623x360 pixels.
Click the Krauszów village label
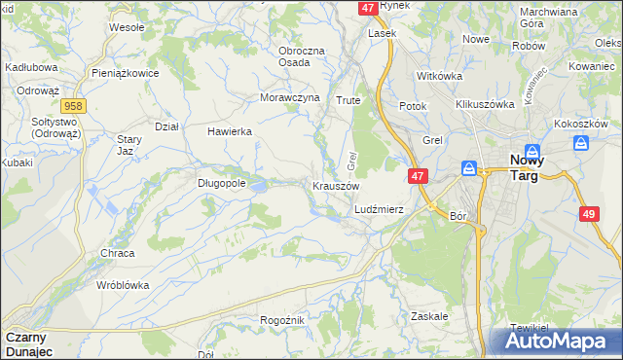[336, 186]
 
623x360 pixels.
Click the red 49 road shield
[588, 214]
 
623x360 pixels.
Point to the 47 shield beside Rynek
[368, 7]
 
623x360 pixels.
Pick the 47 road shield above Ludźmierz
[417, 176]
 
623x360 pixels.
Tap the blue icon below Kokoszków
[583, 143]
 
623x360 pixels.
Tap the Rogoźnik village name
[283, 320]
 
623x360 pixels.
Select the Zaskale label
[429, 317]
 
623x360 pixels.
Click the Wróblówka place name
[123, 285]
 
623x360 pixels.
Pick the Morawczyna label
[290, 98]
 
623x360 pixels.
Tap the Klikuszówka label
[484, 103]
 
